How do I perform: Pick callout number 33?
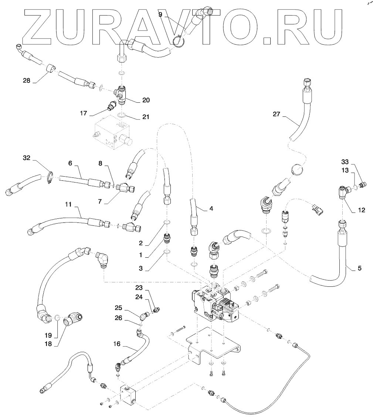(x=345, y=162)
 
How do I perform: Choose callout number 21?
(x=146, y=117)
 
